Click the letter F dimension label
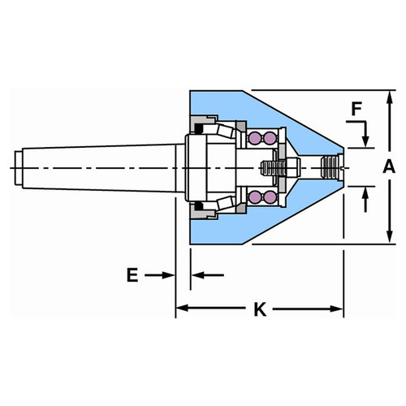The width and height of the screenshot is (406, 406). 356,109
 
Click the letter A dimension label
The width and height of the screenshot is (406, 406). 389,166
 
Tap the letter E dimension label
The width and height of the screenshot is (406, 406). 132,275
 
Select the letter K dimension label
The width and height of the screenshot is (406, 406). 260,309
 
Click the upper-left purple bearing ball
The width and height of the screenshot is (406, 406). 255,138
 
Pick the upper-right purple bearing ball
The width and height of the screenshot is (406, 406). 270,138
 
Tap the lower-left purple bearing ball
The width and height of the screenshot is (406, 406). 255,197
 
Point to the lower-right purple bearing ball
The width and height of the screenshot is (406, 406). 270,197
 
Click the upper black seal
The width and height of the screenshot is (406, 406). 199,129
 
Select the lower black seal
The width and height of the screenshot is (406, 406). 199,206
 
